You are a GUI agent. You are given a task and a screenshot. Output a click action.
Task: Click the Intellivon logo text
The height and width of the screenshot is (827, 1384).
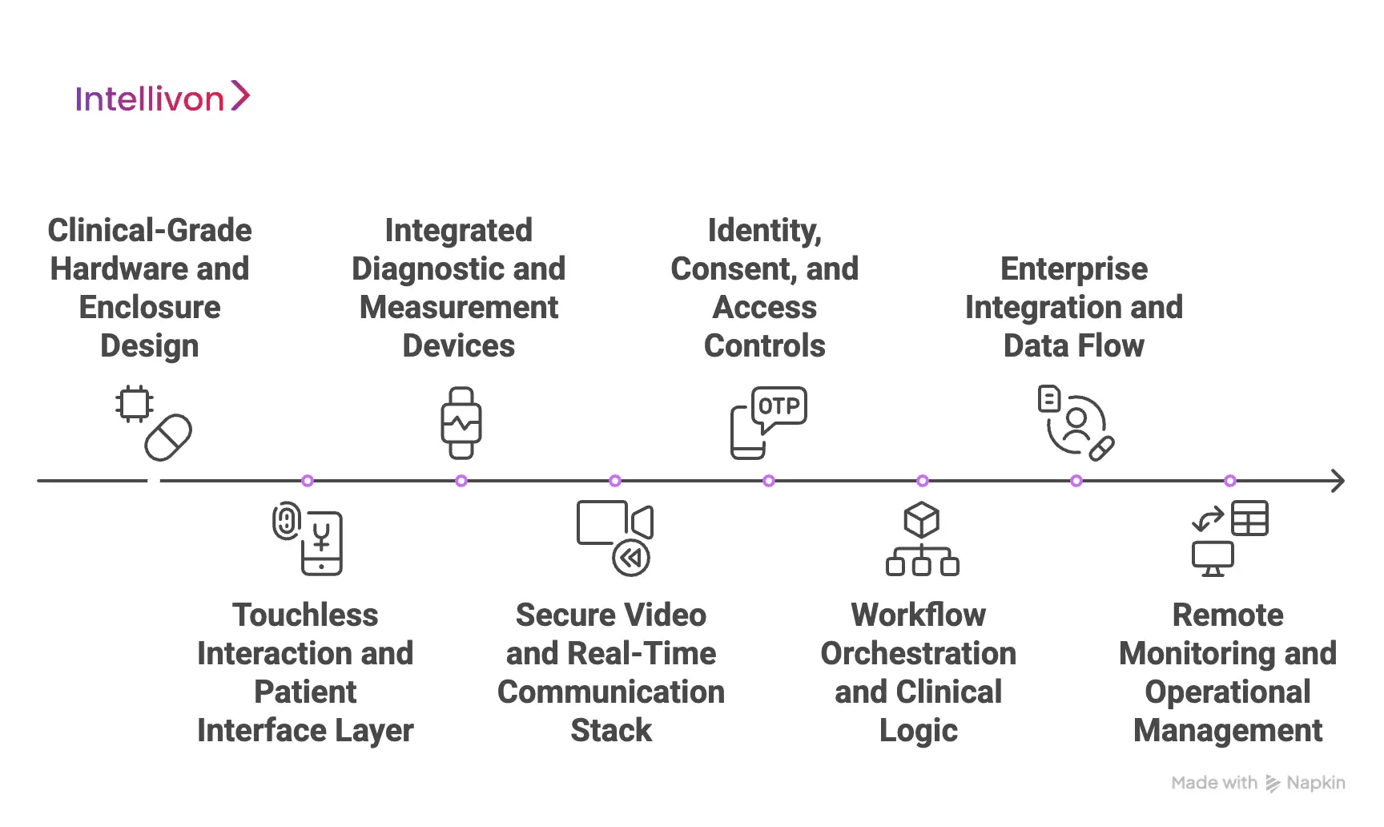pyautogui.click(x=149, y=99)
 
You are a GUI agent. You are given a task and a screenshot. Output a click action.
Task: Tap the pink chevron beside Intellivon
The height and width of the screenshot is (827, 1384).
pyautogui.click(x=240, y=96)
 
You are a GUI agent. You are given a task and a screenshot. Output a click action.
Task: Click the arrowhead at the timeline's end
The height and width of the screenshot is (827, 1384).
pyautogui.click(x=1337, y=481)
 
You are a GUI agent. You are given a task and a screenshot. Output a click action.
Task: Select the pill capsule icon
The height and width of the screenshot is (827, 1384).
pyautogui.click(x=168, y=438)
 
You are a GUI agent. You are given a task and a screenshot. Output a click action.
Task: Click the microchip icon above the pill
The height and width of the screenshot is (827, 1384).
pyautogui.click(x=134, y=403)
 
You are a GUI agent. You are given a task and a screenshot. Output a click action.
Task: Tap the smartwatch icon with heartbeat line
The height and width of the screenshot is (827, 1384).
pyautogui.click(x=461, y=423)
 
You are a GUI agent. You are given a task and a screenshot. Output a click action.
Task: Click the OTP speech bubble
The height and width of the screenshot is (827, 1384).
pyautogui.click(x=778, y=406)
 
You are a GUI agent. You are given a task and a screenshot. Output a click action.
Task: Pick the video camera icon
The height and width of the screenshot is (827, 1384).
pyautogui.click(x=614, y=522)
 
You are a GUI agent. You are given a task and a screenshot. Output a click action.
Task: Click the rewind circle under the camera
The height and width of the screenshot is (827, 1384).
pyautogui.click(x=631, y=558)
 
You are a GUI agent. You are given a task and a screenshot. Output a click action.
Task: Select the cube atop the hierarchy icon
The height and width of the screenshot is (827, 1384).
pyautogui.click(x=921, y=520)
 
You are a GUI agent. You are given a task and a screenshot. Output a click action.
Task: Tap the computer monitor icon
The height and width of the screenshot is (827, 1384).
pyautogui.click(x=1213, y=558)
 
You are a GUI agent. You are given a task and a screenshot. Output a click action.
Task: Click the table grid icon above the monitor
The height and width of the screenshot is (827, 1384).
pyautogui.click(x=1249, y=518)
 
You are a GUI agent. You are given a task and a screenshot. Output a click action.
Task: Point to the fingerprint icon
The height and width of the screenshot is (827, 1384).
pyautogui.click(x=286, y=522)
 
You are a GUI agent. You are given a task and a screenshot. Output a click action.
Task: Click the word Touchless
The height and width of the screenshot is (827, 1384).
pyautogui.click(x=305, y=615)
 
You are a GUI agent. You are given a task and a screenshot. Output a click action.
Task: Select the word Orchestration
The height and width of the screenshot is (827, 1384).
pyautogui.click(x=918, y=654)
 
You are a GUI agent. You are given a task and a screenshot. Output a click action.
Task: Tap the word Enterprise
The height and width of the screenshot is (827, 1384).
pyautogui.click(x=1073, y=269)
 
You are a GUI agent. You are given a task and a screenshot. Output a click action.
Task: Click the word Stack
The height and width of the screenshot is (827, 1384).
pyautogui.click(x=611, y=731)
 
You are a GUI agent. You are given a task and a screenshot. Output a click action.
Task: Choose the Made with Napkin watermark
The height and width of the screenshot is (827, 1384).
pyautogui.click(x=1257, y=783)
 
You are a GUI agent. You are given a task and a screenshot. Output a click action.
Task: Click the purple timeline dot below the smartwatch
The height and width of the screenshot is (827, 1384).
pyautogui.click(x=461, y=481)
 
